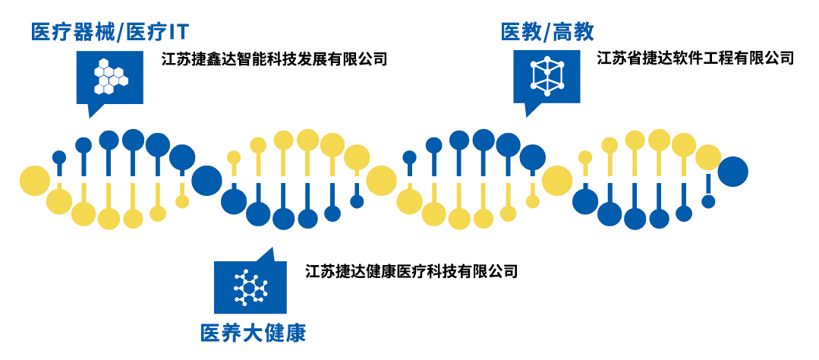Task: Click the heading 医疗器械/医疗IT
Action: (110, 33)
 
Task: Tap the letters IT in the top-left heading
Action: (177, 33)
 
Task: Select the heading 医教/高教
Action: (547, 33)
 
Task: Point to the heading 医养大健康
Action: (254, 333)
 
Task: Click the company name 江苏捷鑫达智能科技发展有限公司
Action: (275, 58)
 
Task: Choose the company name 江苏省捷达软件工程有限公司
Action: (695, 58)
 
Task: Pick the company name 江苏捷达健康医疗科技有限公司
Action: (411, 271)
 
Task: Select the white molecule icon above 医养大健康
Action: (250, 287)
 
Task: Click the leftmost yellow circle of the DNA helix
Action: (35, 180)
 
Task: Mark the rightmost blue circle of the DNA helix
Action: (732, 172)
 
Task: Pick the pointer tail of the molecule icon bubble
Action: (267, 254)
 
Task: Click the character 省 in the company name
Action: (635, 58)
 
